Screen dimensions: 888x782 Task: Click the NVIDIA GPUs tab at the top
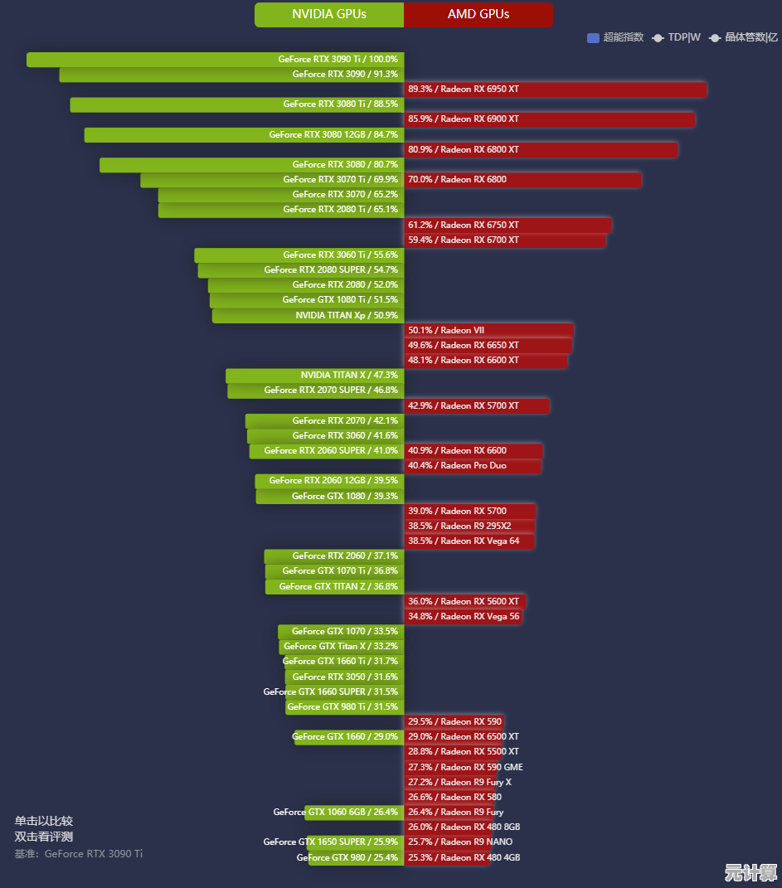(x=329, y=14)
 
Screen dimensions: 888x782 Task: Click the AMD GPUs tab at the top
(x=478, y=14)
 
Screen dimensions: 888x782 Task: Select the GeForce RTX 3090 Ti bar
(x=216, y=60)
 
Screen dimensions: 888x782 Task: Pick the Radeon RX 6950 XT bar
(x=555, y=90)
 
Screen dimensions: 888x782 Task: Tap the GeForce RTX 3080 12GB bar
(x=244, y=134)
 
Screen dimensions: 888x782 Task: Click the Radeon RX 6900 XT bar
(x=549, y=119)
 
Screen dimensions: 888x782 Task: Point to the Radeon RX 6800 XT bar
(x=541, y=150)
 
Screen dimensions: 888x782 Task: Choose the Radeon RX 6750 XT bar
(x=508, y=225)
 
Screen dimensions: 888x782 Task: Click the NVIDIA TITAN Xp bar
(x=308, y=315)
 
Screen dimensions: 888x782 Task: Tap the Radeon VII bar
(x=488, y=330)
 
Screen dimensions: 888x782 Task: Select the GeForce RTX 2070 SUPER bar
(x=316, y=390)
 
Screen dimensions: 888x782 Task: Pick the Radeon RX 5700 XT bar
(x=477, y=405)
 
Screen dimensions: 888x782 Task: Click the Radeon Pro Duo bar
(x=473, y=466)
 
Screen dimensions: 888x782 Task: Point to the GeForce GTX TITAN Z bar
(x=334, y=586)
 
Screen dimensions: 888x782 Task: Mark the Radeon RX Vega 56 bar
(x=463, y=616)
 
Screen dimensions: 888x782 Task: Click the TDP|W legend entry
(x=677, y=37)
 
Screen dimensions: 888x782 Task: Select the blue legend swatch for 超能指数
(x=593, y=37)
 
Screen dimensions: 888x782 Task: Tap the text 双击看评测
(x=43, y=837)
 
